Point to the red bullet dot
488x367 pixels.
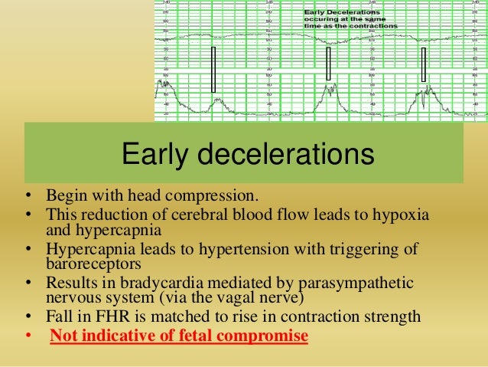27,336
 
